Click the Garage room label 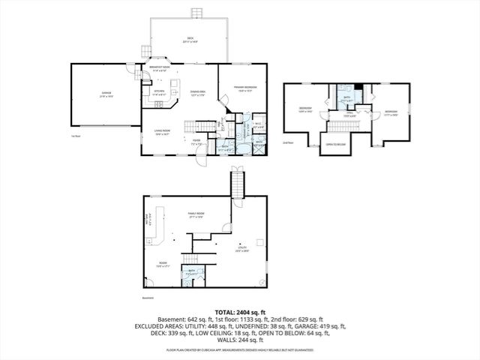106,94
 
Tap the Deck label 190,41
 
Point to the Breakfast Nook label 158,68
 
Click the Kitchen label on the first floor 158,93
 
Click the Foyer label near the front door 195,140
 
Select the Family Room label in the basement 196,214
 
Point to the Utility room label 242,247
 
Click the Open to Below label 335,144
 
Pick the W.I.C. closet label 256,124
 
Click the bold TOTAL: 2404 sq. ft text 239,311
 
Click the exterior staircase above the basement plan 237,183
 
